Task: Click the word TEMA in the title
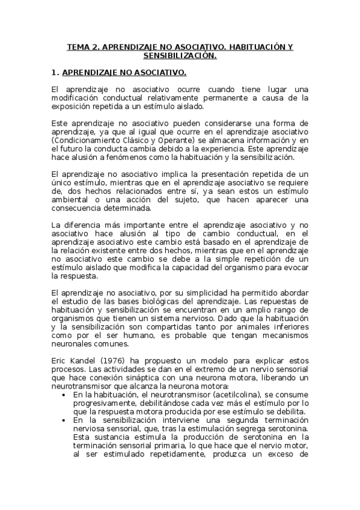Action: pos(78,46)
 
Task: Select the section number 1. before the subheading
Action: pos(55,73)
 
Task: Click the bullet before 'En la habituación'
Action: pos(64,395)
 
